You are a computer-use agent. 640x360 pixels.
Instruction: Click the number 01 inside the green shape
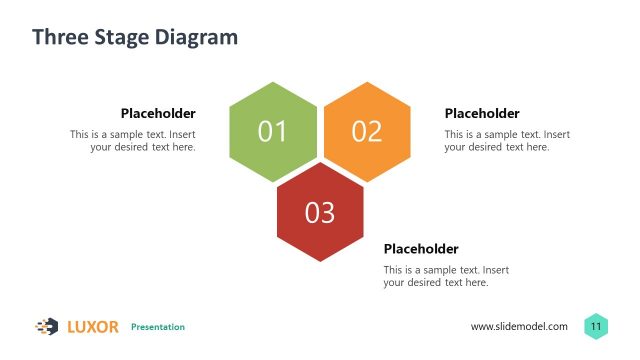273,131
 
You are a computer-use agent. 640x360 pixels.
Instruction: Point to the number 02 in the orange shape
367,131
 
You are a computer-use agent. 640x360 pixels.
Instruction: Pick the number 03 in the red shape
320,213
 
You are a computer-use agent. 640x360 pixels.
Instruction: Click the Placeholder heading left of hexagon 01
158,114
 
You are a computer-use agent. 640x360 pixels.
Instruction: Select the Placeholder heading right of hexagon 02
482,114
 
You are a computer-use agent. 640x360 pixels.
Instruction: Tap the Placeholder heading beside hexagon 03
421,249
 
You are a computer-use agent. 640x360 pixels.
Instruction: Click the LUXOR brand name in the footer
93,326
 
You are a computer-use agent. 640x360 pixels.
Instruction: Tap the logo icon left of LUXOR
47,326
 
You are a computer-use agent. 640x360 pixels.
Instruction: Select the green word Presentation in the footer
158,327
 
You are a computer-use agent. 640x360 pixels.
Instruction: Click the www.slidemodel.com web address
519,327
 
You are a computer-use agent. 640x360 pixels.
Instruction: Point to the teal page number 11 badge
596,326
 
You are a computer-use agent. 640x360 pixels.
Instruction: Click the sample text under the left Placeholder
133,141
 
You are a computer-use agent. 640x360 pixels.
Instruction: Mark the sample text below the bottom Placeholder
446,276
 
